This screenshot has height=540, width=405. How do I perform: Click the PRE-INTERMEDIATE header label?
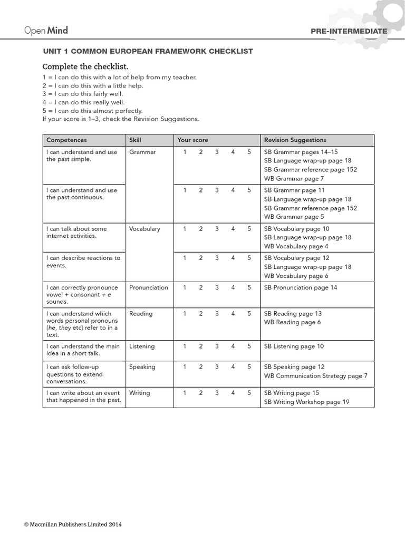pos(349,31)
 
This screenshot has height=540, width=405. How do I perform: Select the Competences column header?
pos(66,140)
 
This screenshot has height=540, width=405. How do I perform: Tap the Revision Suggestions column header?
pos(295,140)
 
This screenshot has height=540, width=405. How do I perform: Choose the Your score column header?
pos(192,140)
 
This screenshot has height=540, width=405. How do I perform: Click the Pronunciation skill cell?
pos(148,287)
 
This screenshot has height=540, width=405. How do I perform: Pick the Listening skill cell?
pos(142,346)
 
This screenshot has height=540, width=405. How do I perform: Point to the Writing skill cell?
pos(139,393)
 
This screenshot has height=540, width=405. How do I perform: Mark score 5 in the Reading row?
pos(249,313)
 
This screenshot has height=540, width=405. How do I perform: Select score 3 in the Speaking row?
pos(217,367)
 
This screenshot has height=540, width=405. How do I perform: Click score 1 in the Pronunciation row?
pos(185,287)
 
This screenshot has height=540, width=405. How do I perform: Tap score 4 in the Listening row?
pos(233,346)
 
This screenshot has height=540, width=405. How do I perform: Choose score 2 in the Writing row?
pos(201,393)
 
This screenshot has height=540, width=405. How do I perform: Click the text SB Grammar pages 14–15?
pos(301,152)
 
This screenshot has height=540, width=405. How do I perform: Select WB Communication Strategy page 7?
pos(315,376)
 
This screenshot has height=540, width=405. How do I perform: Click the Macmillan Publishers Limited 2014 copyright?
pos(73,525)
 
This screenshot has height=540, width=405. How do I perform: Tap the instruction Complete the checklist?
pos(85,66)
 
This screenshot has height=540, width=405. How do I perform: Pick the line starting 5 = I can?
pos(92,111)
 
